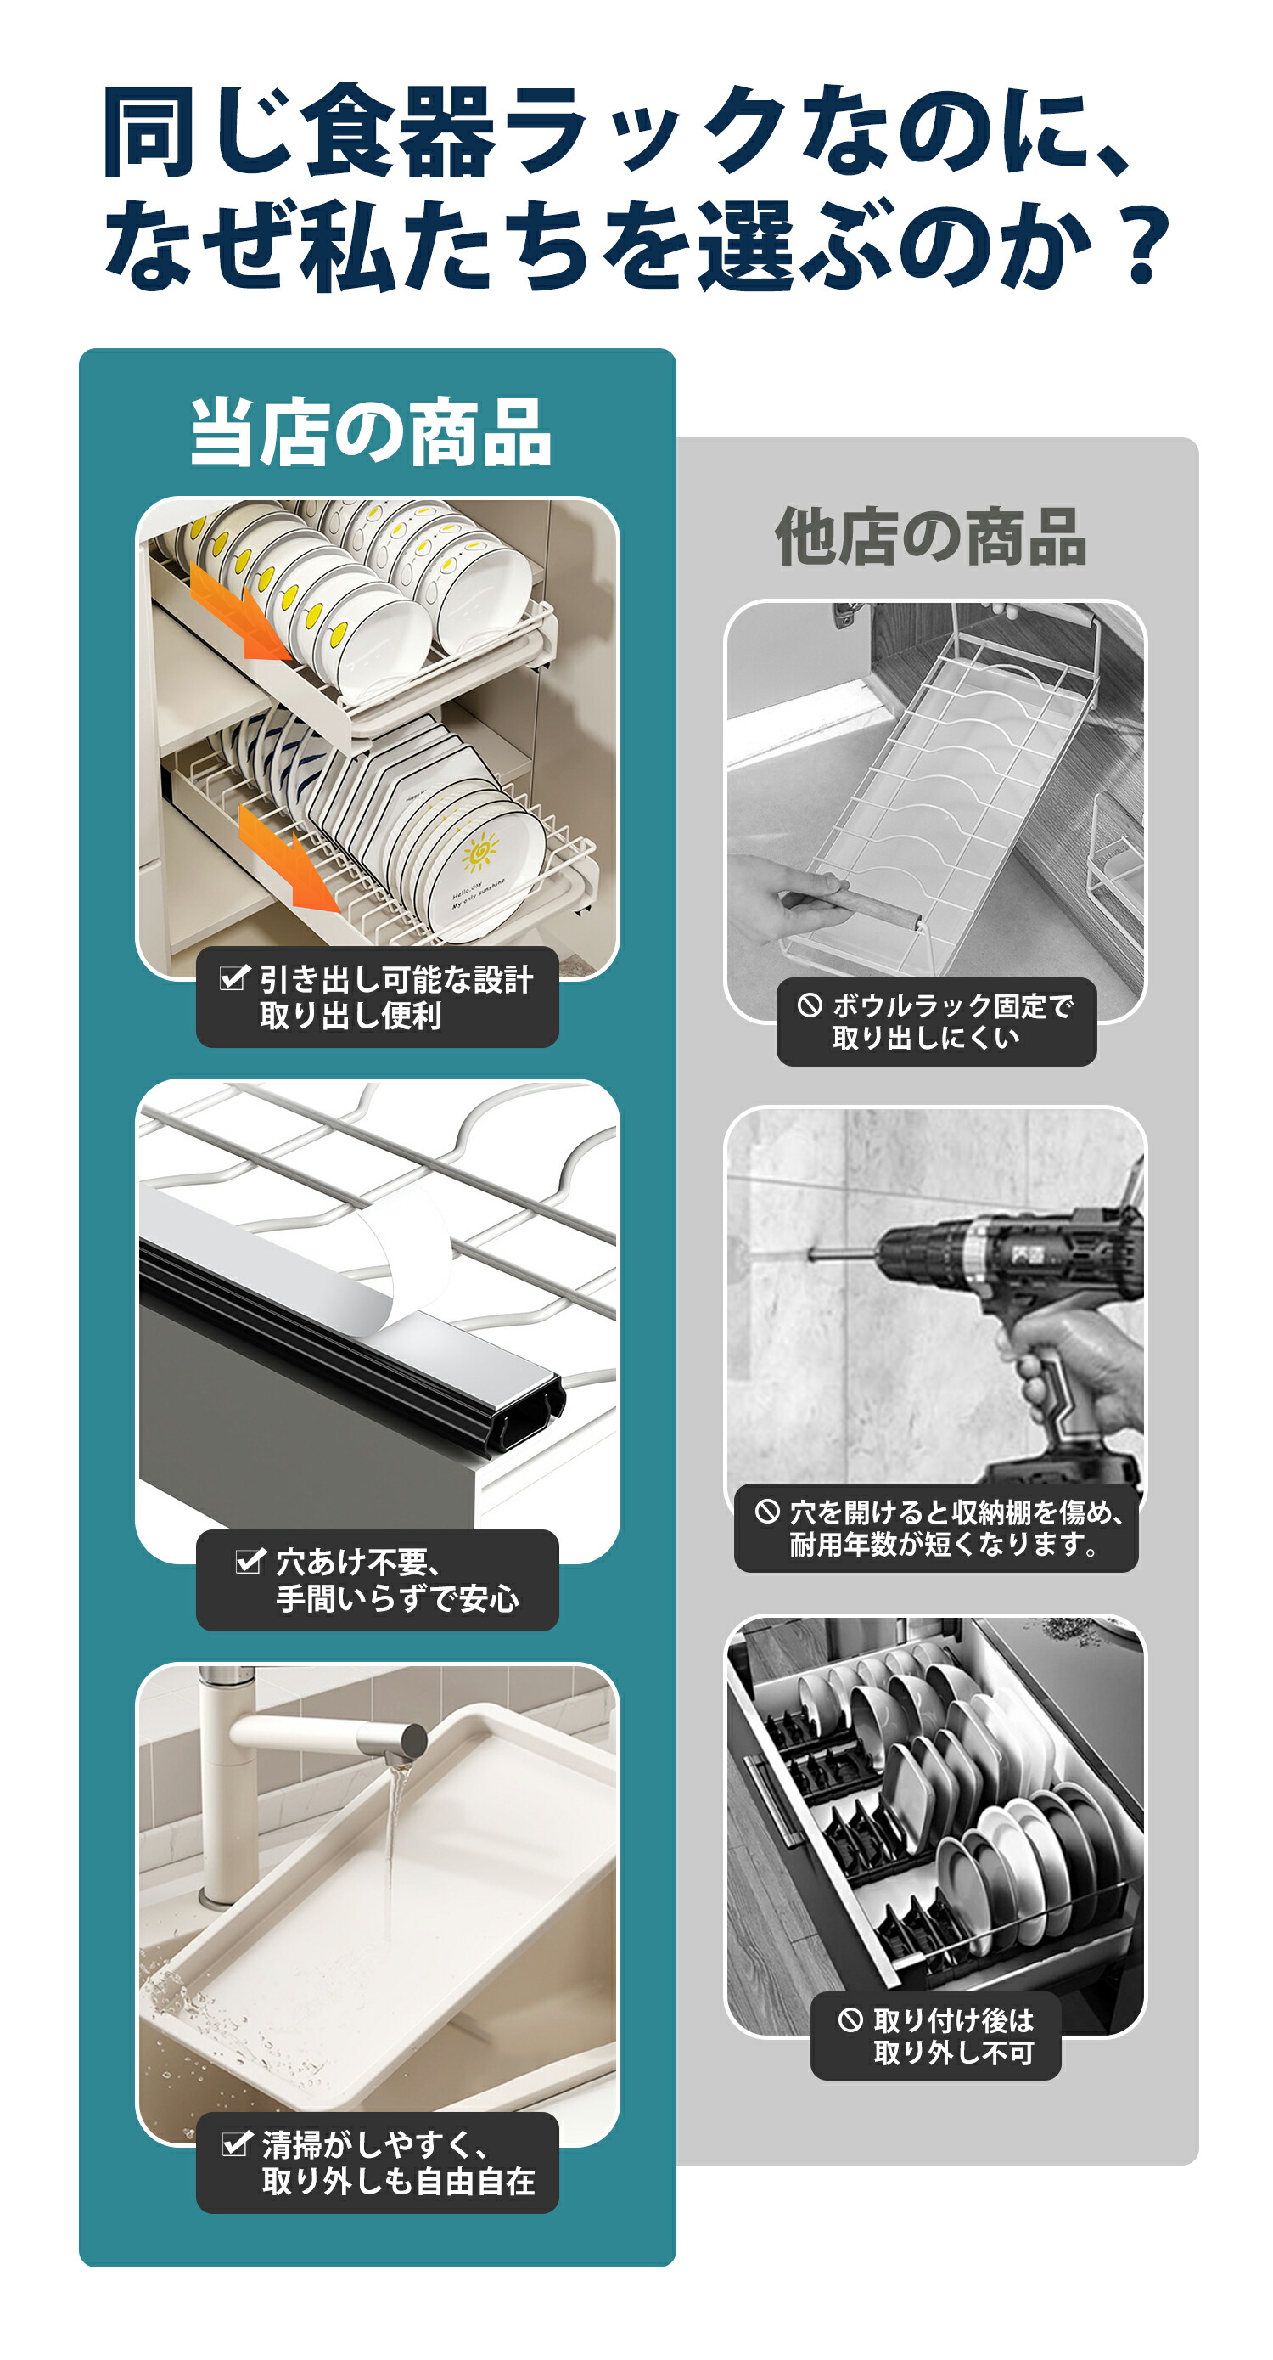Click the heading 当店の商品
point(371,432)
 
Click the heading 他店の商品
point(930,537)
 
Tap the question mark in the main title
point(1145,245)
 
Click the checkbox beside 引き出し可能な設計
point(234,977)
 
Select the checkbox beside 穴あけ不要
point(250,1560)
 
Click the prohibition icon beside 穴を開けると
point(767,1512)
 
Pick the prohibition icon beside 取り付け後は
point(851,2020)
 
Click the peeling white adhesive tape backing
point(403,1255)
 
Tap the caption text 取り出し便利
point(350,1015)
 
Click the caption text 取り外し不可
point(953,2053)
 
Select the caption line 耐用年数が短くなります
point(945,1545)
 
